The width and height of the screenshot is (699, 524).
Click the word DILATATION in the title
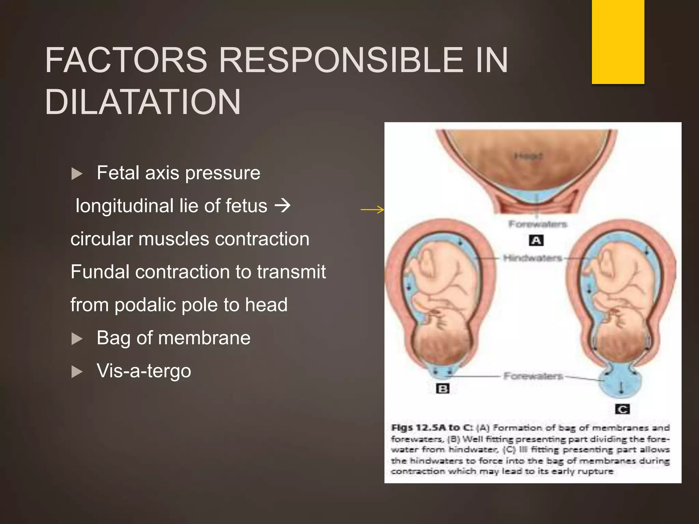[143, 102]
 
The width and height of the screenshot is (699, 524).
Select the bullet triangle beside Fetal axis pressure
[77, 174]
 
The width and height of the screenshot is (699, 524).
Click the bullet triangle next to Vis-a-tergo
[77, 372]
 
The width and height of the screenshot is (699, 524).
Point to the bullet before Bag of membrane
[77, 339]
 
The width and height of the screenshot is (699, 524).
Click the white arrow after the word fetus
[283, 206]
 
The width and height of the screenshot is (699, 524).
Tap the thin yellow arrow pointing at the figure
[372, 209]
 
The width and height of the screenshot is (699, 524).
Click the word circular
[101, 239]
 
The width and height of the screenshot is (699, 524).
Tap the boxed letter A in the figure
[536, 241]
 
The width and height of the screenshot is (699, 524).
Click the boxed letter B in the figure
[443, 389]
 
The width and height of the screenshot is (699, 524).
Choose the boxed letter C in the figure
[622, 409]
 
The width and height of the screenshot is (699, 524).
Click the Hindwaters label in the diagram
[532, 258]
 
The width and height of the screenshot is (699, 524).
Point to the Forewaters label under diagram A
[538, 224]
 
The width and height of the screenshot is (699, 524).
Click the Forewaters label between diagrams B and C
[533, 376]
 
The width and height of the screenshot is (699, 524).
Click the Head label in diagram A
[528, 156]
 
